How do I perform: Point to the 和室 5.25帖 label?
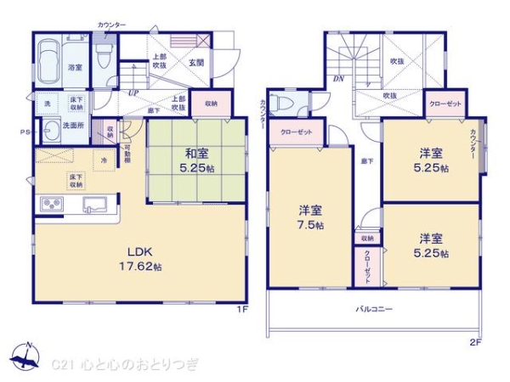(x=197, y=160)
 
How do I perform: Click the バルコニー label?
(x=374, y=310)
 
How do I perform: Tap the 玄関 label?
(x=195, y=62)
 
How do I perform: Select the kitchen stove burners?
(x=51, y=205)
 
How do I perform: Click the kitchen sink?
(x=94, y=206)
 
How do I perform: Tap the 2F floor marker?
(x=475, y=344)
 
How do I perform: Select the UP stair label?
(x=133, y=93)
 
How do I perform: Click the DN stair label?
(x=337, y=79)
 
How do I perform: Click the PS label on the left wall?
(x=25, y=132)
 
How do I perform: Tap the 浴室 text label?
(x=75, y=68)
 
